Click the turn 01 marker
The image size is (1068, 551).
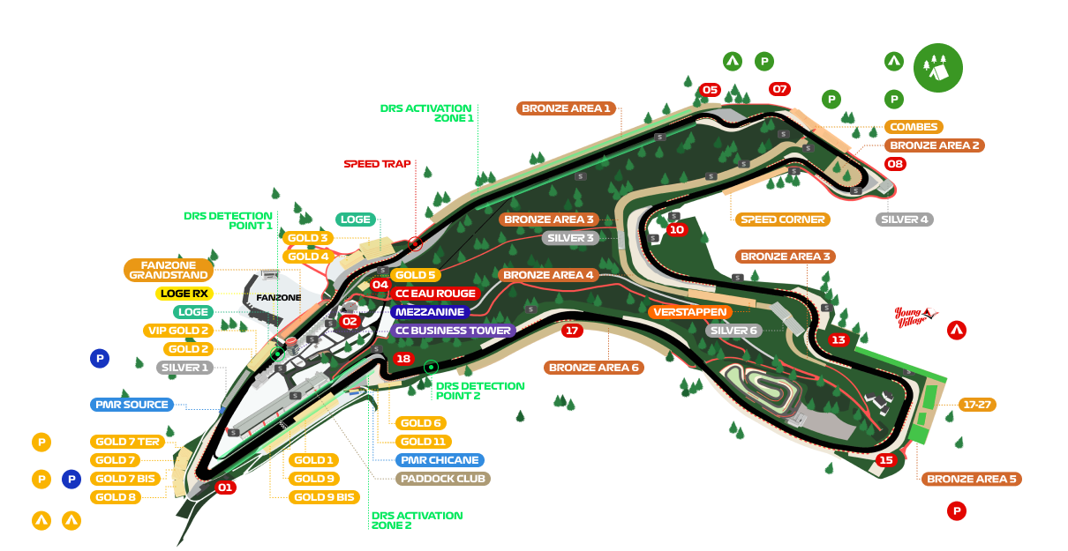(225, 488)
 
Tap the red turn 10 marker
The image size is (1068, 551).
(676, 229)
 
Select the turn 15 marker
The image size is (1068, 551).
(886, 460)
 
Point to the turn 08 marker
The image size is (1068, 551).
(896, 164)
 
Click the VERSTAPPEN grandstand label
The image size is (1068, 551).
(690, 312)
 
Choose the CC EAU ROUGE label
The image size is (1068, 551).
(436, 294)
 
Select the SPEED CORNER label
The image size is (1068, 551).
(782, 220)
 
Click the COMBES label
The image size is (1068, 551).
(914, 127)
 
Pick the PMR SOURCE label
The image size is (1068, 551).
(131, 405)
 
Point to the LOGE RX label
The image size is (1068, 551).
(184, 294)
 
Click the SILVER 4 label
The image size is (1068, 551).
(905, 220)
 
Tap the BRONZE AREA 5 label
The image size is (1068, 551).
(972, 479)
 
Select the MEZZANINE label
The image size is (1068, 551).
(430, 312)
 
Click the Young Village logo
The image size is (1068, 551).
(915, 316)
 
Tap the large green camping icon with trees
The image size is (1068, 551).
(937, 68)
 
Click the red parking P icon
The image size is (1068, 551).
(956, 510)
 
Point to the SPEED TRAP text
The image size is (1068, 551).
(377, 164)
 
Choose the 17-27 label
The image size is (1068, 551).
(977, 405)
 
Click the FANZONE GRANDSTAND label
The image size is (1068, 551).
(169, 269)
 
